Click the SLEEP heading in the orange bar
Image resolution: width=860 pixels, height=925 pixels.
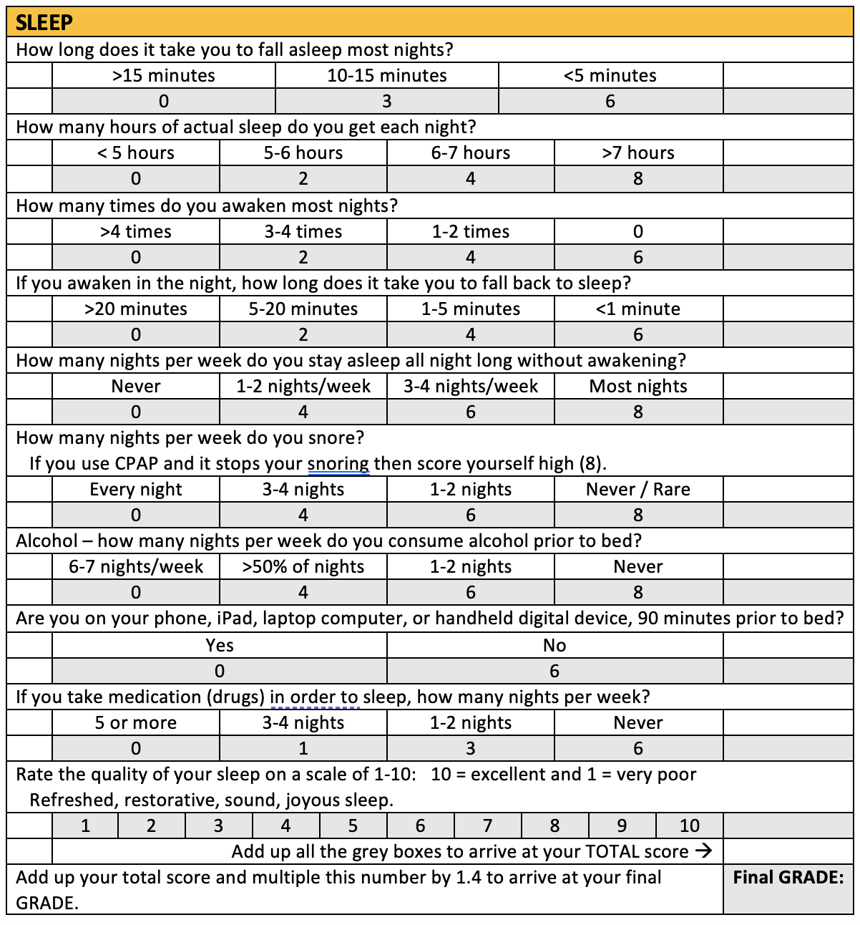pos(44,23)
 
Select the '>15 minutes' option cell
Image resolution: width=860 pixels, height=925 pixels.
pos(164,76)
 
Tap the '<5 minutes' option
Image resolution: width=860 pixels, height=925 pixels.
pos(610,76)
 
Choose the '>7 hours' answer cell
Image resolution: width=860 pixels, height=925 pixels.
pos(638,153)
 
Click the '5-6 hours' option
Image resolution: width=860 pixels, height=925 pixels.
pos(303,153)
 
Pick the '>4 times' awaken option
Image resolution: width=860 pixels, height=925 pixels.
pos(136,232)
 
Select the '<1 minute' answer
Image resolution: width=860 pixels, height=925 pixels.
pos(638,309)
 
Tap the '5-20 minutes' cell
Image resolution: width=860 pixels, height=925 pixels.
pos(303,309)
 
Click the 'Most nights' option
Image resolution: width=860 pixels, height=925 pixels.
pos(638,387)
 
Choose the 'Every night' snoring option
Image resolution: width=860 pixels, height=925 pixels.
pos(136,490)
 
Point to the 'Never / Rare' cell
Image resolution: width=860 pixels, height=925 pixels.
pos(638,490)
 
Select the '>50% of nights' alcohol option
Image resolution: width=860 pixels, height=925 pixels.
pos(303,567)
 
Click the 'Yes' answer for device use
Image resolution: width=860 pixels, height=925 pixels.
pos(220,646)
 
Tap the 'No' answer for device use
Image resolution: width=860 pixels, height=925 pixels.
pos(554,646)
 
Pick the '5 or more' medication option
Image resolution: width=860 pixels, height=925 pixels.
pos(136,723)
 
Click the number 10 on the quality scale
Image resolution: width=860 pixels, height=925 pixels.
pos(689,826)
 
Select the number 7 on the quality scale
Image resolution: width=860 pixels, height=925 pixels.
pos(487,826)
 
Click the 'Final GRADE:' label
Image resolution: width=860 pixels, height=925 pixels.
pos(788,878)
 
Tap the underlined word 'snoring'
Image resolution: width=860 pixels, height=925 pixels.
pos(338,464)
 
